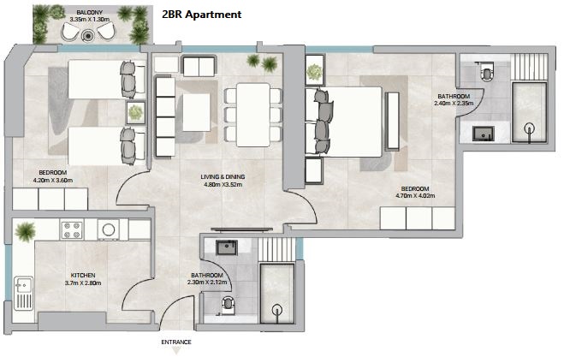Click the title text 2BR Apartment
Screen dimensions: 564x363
201,15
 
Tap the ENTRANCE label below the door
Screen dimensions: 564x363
176,342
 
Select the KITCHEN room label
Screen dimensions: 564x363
83,275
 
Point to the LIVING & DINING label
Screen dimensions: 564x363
223,176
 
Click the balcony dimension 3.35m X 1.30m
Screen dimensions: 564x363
90,20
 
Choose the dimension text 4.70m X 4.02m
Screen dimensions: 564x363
415,196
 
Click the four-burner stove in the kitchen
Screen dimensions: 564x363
72,230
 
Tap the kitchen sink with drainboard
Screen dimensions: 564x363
23,293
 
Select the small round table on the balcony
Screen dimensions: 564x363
87,36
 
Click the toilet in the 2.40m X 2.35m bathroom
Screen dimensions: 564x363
487,71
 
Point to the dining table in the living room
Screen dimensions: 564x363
253,115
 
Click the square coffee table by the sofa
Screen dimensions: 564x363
196,112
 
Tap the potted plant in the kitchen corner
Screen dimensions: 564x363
25,231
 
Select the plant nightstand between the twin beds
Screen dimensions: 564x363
135,113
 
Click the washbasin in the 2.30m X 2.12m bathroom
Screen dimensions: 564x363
226,248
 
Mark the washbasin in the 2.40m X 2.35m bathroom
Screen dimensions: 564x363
484,134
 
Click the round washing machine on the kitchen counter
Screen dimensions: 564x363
108,229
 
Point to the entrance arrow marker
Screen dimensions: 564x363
176,350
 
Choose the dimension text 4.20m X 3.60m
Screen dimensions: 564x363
53,181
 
